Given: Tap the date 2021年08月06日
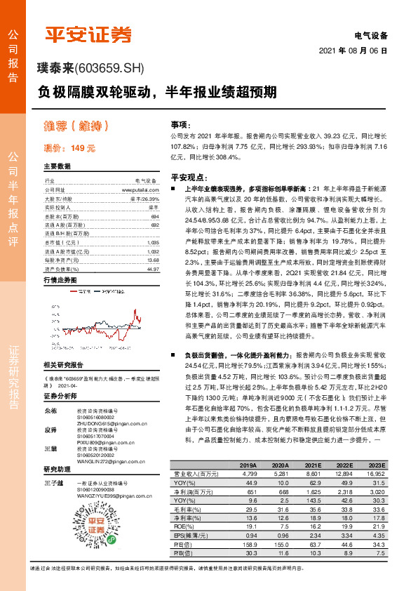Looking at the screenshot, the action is click(353, 51).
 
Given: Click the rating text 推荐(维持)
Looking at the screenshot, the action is click(74, 127).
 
